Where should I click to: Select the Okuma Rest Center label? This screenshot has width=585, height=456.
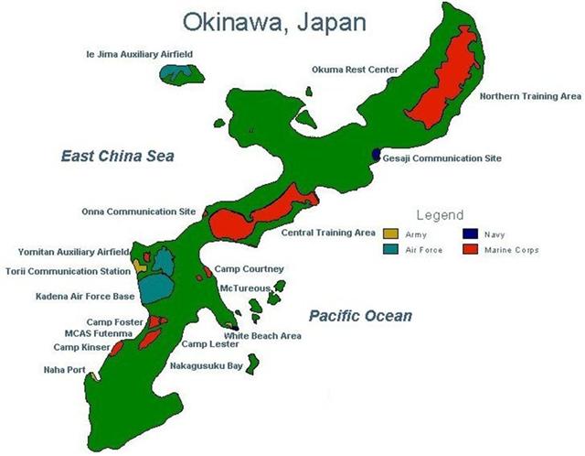tap(355, 67)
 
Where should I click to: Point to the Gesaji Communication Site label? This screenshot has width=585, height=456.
tap(442, 158)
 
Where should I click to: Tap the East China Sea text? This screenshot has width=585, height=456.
tap(117, 157)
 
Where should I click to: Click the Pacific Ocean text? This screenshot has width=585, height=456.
tap(359, 316)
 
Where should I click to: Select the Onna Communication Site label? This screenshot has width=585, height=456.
tap(138, 212)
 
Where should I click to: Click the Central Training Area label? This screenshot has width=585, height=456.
tap(328, 233)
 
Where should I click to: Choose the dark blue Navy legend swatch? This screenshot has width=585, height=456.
tap(472, 234)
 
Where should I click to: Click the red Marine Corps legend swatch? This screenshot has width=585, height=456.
tap(472, 249)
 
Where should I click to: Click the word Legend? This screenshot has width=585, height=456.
tap(439, 215)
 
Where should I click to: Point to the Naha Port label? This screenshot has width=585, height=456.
tap(64, 370)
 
